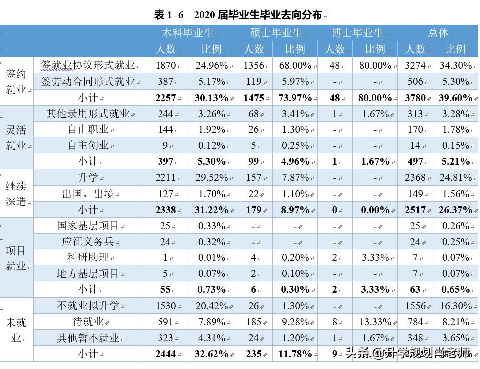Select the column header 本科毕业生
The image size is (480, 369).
[x=187, y=33]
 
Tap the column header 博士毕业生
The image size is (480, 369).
[x=357, y=33]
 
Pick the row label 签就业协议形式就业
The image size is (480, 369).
[x=88, y=65]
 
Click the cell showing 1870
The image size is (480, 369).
[x=165, y=65]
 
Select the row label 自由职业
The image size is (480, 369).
[x=88, y=129]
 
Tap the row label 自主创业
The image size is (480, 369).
[x=88, y=145]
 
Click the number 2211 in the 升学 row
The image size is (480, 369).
[x=165, y=178]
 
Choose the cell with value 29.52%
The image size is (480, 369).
[x=211, y=178]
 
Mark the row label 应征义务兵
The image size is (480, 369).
[x=88, y=242]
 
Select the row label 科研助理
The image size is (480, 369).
[x=88, y=258]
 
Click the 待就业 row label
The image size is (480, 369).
[x=88, y=322]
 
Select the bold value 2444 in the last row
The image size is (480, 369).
[x=165, y=354]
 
